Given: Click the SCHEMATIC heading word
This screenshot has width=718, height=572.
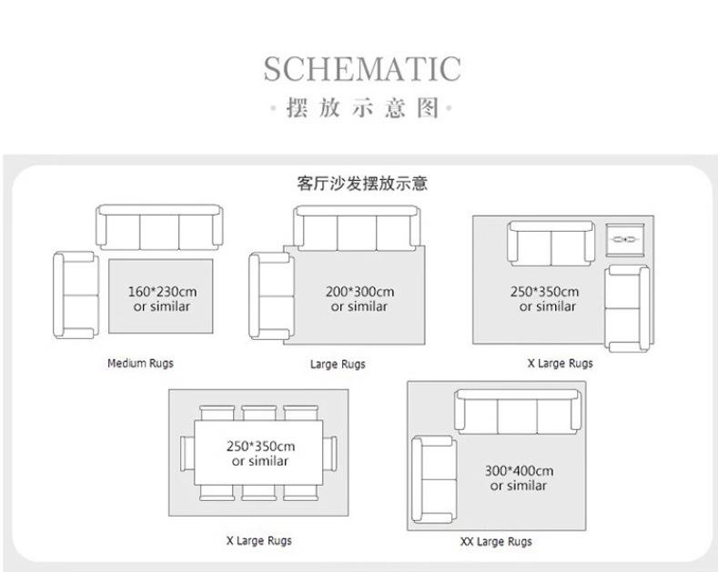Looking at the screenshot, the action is tap(361, 69).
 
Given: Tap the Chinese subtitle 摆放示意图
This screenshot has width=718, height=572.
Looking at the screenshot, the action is tap(362, 109).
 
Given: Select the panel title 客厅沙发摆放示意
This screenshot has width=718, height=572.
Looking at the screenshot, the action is tap(361, 183).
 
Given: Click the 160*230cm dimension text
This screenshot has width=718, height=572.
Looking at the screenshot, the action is tap(162, 292).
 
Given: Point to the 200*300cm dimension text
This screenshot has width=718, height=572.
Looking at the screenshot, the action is tap(359, 292).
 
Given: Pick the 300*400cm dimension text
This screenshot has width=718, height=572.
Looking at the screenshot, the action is tap(519, 471).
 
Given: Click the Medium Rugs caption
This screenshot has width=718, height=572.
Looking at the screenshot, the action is tap(140, 363).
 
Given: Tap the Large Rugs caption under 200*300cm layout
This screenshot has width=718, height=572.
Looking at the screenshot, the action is tap(338, 364).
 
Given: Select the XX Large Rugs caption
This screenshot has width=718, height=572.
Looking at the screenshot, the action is tap(496, 541).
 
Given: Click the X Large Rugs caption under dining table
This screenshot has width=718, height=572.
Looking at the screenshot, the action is tap(259, 540).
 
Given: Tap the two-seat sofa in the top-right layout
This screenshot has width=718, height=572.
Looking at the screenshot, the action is tap(551, 242).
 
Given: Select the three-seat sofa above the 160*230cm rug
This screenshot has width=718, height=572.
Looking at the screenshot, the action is tap(159, 226).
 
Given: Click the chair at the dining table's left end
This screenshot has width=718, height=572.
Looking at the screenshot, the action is tap(187, 452).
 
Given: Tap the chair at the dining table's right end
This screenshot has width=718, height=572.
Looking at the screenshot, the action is tap(333, 452).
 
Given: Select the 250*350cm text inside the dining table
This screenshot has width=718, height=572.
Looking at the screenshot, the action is tap(260, 447).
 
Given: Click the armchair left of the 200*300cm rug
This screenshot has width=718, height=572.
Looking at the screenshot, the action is tap(271, 295).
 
